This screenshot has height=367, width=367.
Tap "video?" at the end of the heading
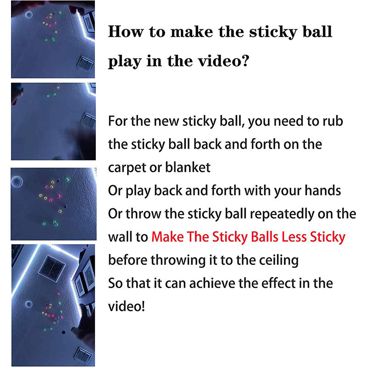pos(225,61)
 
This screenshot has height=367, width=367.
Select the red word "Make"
pos(166,237)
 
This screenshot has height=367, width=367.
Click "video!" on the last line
pos(127,306)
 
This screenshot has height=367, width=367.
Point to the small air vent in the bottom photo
pos(83,355)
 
